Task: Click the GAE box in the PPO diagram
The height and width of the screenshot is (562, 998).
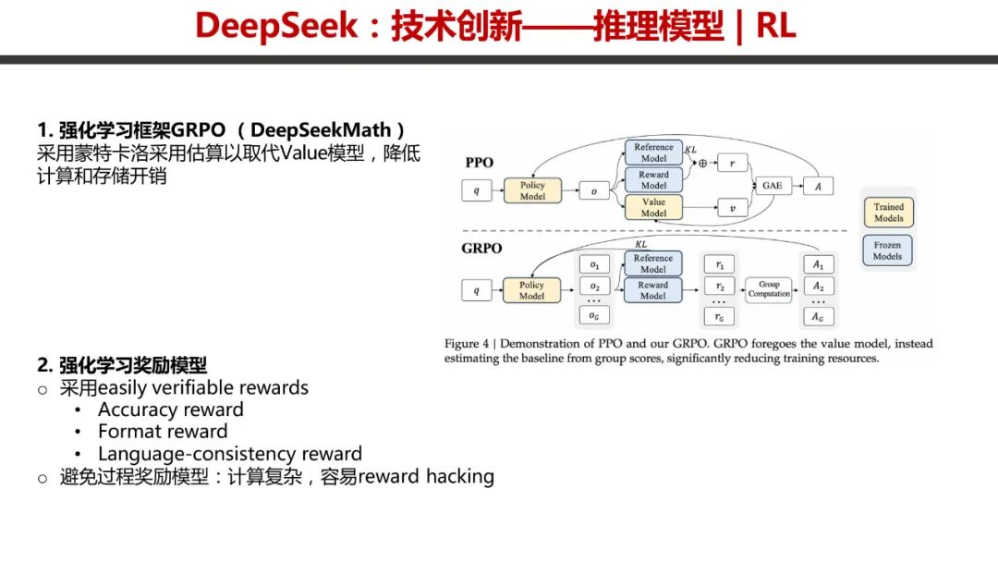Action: [772, 185]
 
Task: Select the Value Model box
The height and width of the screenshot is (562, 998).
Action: [653, 207]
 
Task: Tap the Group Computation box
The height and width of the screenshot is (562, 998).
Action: [769, 289]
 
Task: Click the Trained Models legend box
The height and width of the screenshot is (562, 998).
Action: [889, 213]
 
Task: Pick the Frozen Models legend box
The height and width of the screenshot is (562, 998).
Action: [887, 250]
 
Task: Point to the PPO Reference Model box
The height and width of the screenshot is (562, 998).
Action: [653, 153]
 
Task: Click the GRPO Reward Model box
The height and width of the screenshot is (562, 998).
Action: [653, 290]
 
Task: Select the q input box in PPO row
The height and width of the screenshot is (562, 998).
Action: [477, 190]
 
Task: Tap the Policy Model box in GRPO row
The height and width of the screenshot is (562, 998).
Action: [531, 290]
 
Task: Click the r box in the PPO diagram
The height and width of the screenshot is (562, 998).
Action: [732, 163]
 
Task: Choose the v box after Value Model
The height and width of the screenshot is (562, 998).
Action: [732, 208]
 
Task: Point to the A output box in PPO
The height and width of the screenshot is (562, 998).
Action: [818, 186]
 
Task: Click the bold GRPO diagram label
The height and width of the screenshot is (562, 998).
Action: [481, 249]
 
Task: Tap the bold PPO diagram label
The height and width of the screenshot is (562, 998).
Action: [480, 163]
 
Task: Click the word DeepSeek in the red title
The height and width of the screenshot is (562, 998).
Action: [276, 26]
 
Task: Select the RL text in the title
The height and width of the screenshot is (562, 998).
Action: [776, 26]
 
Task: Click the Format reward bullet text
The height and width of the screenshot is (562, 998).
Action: [163, 432]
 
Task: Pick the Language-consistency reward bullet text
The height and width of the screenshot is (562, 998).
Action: [230, 454]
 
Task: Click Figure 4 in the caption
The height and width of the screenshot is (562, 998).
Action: [467, 344]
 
